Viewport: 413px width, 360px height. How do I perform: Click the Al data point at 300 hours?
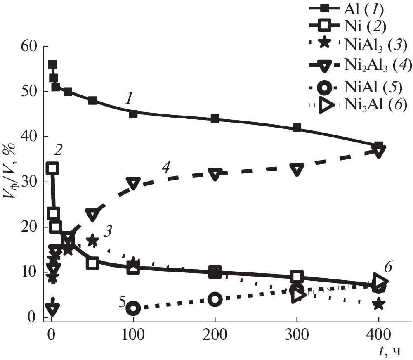(x=297, y=128)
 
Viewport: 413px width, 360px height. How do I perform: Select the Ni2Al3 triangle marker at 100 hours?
(x=133, y=183)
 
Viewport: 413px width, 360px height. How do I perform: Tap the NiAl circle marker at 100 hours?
(x=133, y=308)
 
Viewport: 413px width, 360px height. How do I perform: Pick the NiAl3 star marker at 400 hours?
(x=379, y=304)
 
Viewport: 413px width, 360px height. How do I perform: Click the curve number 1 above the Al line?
(x=129, y=99)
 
